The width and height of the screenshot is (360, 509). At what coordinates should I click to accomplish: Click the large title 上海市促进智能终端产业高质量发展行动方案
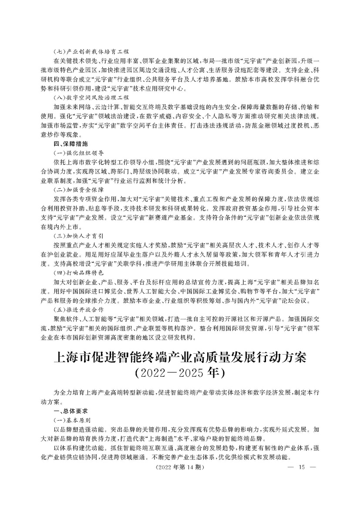coord(180,358)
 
